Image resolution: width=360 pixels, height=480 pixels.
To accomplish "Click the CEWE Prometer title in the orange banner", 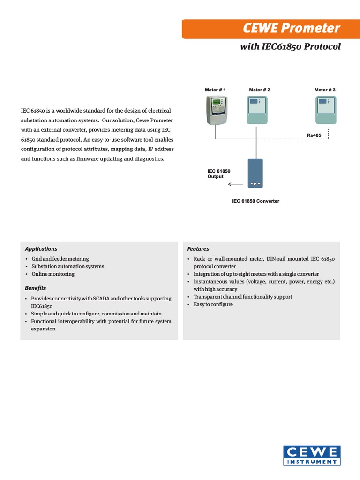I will coord(291,29).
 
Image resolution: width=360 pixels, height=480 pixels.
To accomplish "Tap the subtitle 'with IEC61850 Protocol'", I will coord(290,47).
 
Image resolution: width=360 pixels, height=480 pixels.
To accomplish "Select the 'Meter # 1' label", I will coord(216,90).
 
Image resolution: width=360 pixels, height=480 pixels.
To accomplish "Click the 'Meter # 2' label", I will coord(259,90).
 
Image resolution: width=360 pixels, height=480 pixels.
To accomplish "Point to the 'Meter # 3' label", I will coord(325,90).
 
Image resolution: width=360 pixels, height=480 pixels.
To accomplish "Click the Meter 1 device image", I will coord(217,110).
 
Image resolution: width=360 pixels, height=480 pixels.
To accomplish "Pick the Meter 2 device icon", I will coord(257,110).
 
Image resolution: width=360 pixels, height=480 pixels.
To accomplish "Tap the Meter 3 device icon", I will coord(326,110).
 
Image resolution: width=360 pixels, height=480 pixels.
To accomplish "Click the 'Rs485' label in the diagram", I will coord(314,135).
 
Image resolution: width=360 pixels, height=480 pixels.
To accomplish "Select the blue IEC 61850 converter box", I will coord(256,173).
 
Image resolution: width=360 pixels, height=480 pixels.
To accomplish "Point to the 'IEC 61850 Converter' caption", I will coord(255,201).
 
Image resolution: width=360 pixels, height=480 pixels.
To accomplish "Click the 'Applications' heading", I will coord(41,249).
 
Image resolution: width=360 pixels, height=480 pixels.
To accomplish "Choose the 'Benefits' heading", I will coord(36,287).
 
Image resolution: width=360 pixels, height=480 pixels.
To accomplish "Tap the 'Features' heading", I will coord(198,249).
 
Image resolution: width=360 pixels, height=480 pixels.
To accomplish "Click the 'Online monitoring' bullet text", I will coord(53,274).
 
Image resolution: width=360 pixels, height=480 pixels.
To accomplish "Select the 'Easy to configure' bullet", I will coord(213,304).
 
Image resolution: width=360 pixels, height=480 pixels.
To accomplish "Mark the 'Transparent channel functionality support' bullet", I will coord(242,297).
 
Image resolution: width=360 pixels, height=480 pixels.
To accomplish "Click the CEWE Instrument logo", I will coord(312,455).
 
